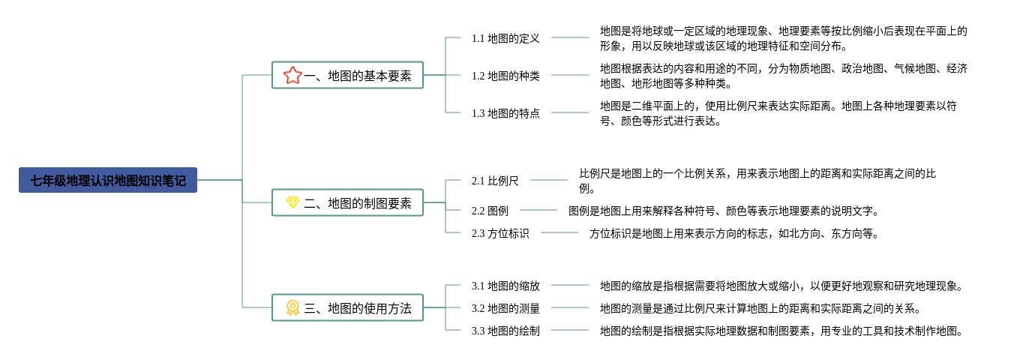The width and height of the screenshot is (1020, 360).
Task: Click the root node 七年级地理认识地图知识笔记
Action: (108, 180)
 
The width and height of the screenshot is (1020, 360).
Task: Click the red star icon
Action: (292, 75)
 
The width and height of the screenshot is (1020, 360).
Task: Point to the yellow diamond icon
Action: (292, 202)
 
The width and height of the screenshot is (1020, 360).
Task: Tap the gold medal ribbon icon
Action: (292, 307)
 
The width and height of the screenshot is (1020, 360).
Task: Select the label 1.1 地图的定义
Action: (505, 37)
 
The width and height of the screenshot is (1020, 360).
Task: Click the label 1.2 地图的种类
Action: (505, 75)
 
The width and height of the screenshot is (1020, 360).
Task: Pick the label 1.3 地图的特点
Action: (505, 113)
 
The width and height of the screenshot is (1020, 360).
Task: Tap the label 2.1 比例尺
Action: (495, 180)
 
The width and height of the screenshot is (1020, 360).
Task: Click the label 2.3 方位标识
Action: (500, 233)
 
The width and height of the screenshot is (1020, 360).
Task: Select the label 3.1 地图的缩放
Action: (505, 285)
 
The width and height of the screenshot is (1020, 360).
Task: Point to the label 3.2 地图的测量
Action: (505, 307)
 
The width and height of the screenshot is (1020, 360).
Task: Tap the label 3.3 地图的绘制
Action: (505, 330)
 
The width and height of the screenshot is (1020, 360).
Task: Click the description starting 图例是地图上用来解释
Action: (724, 211)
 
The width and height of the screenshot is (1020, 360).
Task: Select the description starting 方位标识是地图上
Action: (733, 233)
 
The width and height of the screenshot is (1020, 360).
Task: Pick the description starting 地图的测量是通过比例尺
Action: (760, 307)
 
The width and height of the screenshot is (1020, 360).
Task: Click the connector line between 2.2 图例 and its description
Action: (538, 211)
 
